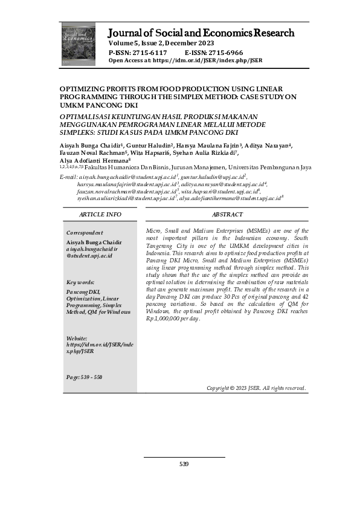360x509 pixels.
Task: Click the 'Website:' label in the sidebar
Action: (x=77, y=338)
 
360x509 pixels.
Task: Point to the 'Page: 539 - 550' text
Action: (x=85, y=377)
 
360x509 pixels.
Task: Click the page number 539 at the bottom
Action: (x=184, y=464)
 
